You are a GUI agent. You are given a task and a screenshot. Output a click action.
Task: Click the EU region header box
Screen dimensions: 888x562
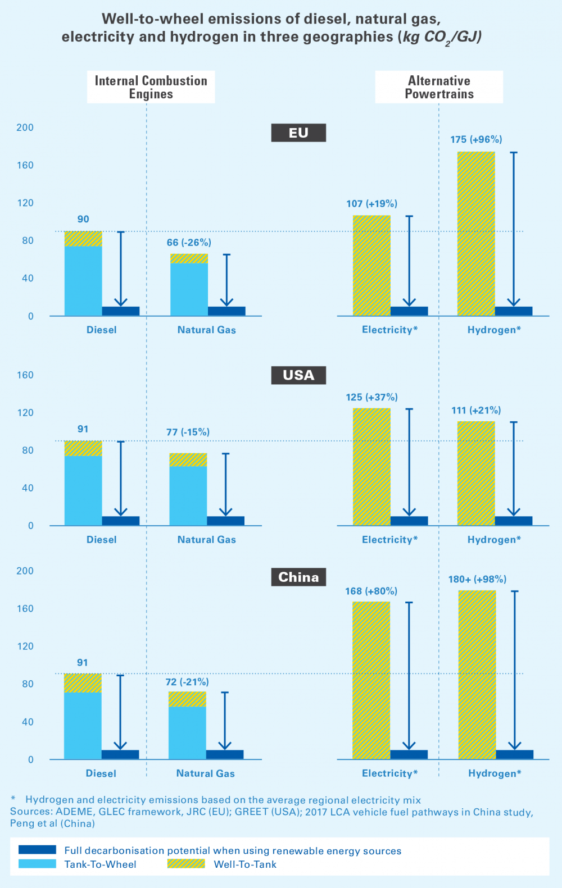pyautogui.click(x=298, y=133)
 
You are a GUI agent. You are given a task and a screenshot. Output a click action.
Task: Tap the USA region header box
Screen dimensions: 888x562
pyautogui.click(x=298, y=375)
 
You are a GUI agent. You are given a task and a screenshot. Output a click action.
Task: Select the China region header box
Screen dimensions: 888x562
pyautogui.click(x=298, y=577)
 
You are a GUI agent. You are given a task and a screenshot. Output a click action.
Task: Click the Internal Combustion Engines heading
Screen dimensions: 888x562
pyautogui.click(x=151, y=87)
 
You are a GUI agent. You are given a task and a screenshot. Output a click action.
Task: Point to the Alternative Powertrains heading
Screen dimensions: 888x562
pyautogui.click(x=439, y=87)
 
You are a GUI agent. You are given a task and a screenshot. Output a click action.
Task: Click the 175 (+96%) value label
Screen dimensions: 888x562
pyautogui.click(x=476, y=139)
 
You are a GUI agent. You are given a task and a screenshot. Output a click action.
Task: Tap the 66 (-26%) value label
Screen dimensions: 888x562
pyautogui.click(x=189, y=243)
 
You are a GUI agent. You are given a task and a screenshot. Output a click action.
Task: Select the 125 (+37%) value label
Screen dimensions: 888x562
pyautogui.click(x=371, y=397)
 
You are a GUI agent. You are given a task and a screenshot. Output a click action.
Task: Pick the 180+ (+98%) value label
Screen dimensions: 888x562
pyautogui.click(x=477, y=579)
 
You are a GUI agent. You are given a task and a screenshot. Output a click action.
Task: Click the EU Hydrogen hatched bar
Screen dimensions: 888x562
pyautogui.click(x=476, y=233)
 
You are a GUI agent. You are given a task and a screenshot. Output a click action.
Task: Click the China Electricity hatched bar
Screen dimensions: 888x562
pyautogui.click(x=371, y=680)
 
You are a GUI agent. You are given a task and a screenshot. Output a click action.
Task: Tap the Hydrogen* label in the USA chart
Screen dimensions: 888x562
pyautogui.click(x=494, y=540)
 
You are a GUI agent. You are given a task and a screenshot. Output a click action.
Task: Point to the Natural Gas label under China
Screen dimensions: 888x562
pyautogui.click(x=206, y=773)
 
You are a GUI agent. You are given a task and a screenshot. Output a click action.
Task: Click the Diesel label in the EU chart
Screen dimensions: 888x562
pyautogui.click(x=102, y=330)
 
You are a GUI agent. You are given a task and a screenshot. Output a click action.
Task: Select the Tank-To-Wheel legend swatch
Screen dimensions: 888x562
pyautogui.click(x=37, y=864)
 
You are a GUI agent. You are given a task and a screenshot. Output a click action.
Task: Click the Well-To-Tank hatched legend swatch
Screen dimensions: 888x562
pyautogui.click(x=186, y=864)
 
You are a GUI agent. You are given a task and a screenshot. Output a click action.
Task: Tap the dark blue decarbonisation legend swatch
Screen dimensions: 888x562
pyautogui.click(x=37, y=850)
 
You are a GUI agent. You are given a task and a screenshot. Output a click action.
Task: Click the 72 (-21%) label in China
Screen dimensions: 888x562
pyautogui.click(x=187, y=682)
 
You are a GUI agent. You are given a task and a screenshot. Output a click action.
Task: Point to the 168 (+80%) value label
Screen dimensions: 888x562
pyautogui.click(x=371, y=591)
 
